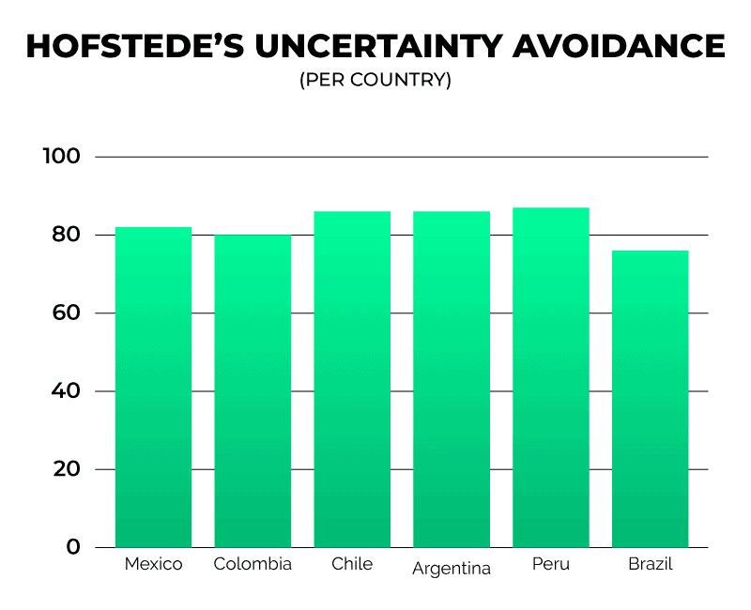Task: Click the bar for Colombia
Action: click(x=253, y=390)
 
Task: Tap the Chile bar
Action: click(x=352, y=379)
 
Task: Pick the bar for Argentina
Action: click(x=452, y=379)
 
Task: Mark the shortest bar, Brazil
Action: click(x=650, y=399)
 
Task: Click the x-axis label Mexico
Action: click(x=153, y=564)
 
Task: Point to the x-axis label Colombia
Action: click(x=253, y=564)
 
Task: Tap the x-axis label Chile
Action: click(x=352, y=564)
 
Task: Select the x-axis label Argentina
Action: click(x=452, y=569)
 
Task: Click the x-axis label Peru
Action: click(x=551, y=564)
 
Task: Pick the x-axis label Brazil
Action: click(x=650, y=564)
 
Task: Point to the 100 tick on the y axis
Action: click(x=61, y=157)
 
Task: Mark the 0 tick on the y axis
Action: click(x=73, y=547)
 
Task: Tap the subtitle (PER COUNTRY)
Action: click(x=375, y=81)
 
